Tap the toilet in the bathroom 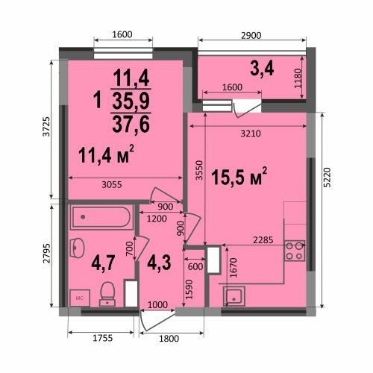tap(107, 294)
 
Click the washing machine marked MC tap(80, 298)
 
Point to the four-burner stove tap(295, 251)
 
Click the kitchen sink tap(234, 296)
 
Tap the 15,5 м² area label tap(239, 177)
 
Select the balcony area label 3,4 tap(262, 69)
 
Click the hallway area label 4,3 tap(159, 263)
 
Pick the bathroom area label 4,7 tap(103, 263)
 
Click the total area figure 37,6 tap(131, 124)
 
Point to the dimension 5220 tap(328, 178)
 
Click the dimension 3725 tap(46, 127)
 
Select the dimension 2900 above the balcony tap(251, 36)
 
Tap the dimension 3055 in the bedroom tap(112, 184)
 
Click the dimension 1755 tap(103, 338)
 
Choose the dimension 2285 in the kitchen tap(263, 240)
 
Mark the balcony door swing tap(247, 109)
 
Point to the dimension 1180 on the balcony tap(298, 78)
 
